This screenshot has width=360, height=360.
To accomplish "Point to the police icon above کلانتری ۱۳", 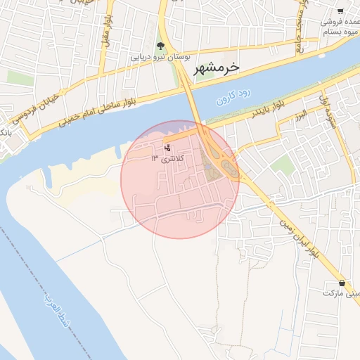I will [167, 148].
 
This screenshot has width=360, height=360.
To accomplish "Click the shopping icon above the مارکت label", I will [342, 282].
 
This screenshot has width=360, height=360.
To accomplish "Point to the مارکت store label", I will [338, 292].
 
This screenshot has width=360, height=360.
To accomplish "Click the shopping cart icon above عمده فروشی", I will [340, 11].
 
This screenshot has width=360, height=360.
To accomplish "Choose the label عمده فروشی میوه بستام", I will [340, 27].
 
